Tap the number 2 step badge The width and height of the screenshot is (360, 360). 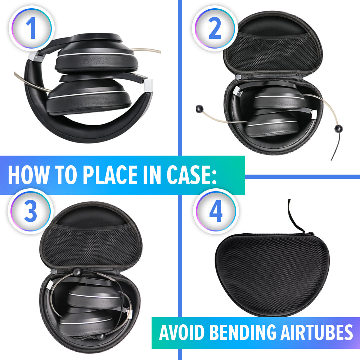point(215,28)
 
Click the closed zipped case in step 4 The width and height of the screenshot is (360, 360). point(272,274)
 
